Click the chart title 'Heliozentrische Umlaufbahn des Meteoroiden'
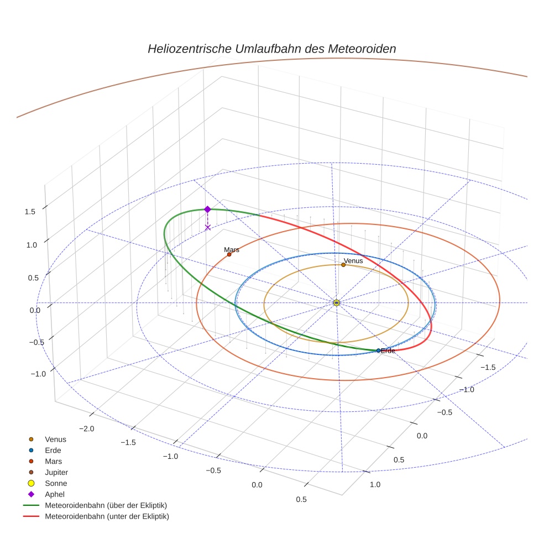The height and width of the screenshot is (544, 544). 271,49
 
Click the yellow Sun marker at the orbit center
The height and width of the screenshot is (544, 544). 336,302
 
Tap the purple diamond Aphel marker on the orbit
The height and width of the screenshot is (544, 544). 207,209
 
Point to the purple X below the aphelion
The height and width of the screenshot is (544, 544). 207,227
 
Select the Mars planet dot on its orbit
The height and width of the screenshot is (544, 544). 229,254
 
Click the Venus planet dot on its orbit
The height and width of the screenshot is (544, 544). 343,265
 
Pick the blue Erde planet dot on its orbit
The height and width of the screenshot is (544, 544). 378,351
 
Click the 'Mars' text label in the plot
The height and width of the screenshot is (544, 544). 232,250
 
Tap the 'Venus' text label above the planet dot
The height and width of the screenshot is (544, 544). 353,260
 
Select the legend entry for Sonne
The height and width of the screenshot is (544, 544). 56,483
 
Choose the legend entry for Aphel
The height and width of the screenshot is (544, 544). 55,494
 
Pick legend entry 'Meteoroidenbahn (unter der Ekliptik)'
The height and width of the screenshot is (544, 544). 107,516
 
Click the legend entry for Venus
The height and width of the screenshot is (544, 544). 55,439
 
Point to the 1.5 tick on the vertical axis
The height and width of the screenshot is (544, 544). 30,211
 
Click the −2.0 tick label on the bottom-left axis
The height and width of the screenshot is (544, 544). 87,428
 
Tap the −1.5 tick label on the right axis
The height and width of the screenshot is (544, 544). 487,367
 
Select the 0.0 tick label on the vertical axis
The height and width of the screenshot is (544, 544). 34,311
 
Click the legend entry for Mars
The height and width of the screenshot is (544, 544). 53,461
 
